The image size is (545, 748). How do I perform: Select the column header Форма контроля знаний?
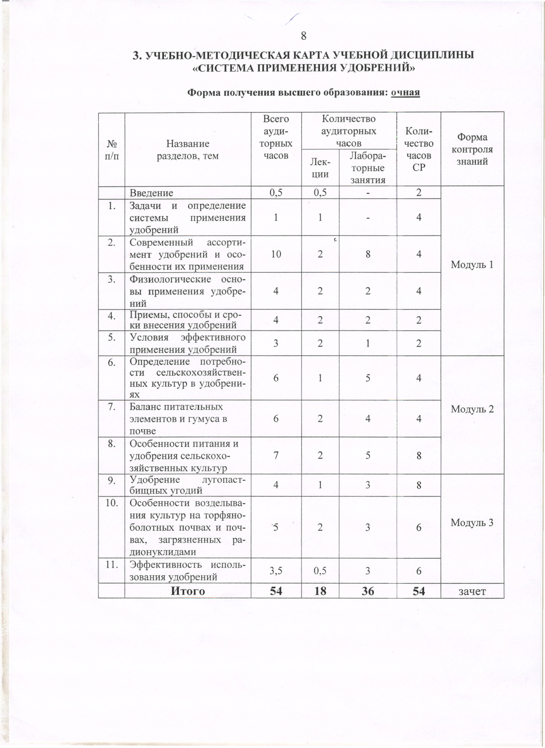click(472, 149)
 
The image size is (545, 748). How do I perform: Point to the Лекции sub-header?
click(320, 167)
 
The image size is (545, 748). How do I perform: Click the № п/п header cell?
click(112, 149)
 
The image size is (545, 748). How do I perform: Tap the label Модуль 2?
click(472, 409)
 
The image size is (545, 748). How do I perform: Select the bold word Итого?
click(188, 591)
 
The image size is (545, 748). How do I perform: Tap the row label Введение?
click(151, 193)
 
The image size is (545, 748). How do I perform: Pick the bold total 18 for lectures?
click(320, 591)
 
